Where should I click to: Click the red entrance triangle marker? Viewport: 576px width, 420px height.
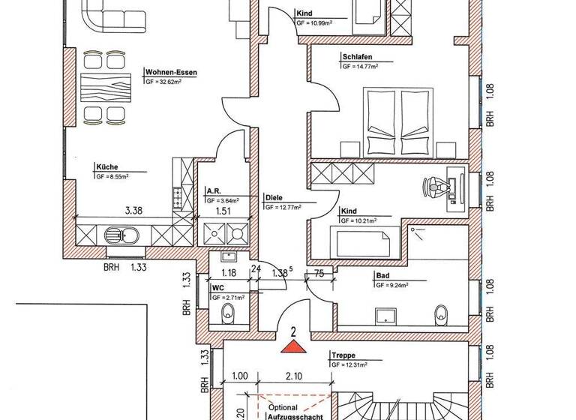[x=293, y=346]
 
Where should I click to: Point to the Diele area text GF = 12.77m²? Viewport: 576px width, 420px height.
[x=287, y=206]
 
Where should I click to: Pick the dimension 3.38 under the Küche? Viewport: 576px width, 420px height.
[x=133, y=211]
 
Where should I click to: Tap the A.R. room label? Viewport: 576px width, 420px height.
[x=213, y=191]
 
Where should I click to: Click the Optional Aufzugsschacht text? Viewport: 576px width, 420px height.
[x=288, y=412]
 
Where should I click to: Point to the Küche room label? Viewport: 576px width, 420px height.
[x=106, y=167]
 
